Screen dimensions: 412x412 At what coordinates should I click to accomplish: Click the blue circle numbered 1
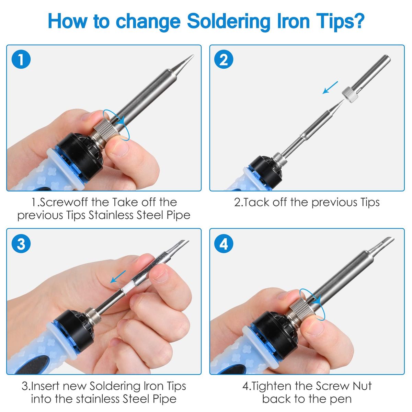21,59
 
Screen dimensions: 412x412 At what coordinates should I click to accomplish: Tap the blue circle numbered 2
224,59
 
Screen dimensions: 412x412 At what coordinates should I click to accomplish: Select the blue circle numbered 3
21,243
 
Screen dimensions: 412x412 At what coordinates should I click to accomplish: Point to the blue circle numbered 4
224,243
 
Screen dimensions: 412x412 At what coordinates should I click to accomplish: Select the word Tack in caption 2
256,202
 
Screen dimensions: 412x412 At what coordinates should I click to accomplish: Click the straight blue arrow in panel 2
330,88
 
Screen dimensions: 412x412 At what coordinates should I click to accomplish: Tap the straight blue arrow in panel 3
118,276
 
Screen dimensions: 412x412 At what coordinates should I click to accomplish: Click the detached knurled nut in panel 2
350,95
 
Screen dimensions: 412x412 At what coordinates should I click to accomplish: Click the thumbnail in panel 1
119,148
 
